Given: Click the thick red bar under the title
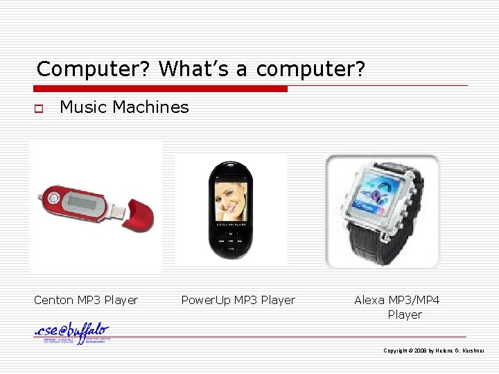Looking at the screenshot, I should tap(160, 89).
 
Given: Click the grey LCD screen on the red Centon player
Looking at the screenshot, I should tap(82, 202).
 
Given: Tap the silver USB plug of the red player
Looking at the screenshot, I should tap(119, 207).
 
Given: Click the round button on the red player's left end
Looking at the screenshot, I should tap(53, 199).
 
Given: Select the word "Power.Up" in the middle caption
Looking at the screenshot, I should tap(205, 301).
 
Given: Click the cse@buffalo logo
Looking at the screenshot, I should tap(72, 334).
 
